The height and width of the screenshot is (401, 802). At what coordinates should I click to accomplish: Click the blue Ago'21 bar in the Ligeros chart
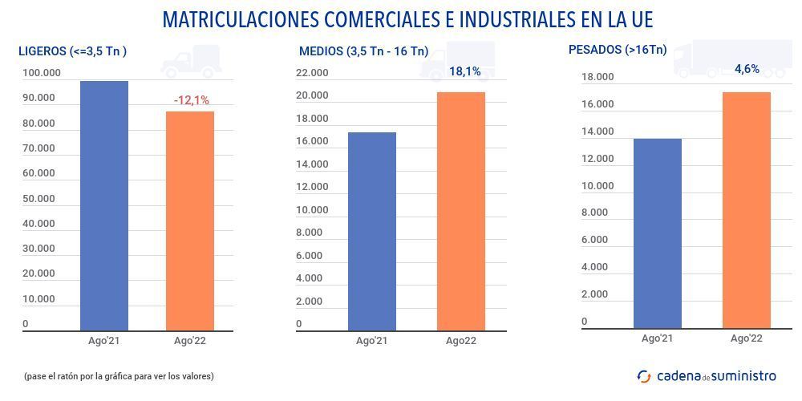(104, 205)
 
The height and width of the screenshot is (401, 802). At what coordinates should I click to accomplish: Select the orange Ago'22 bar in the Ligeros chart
(190, 221)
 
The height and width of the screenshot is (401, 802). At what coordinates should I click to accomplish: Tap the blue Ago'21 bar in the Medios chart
(372, 231)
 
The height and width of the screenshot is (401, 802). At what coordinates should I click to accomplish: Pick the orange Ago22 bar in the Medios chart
(461, 211)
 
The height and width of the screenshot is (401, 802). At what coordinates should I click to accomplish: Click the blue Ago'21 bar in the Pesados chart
(658, 233)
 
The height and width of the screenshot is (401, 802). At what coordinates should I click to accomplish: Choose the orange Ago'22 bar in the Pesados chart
(747, 210)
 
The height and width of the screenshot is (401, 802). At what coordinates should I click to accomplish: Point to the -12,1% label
(192, 100)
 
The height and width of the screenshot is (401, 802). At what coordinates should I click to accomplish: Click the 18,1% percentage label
(465, 71)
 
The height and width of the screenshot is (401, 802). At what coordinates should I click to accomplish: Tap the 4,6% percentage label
(747, 69)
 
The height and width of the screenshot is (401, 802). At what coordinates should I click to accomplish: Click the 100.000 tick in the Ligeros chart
(41, 73)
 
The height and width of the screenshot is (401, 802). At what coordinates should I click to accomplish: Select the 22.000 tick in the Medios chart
(312, 73)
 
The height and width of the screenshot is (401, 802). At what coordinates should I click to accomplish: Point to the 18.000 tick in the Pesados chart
(597, 77)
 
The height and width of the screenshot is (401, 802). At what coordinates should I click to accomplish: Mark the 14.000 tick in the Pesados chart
(597, 132)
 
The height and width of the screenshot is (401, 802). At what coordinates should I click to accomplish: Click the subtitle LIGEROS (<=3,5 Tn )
(73, 51)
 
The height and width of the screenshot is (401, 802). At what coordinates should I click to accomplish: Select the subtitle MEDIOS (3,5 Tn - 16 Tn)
(363, 51)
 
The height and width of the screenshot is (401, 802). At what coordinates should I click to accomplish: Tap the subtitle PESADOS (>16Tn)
(618, 50)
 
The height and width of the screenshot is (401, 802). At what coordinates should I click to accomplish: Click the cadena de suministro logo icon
(644, 375)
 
